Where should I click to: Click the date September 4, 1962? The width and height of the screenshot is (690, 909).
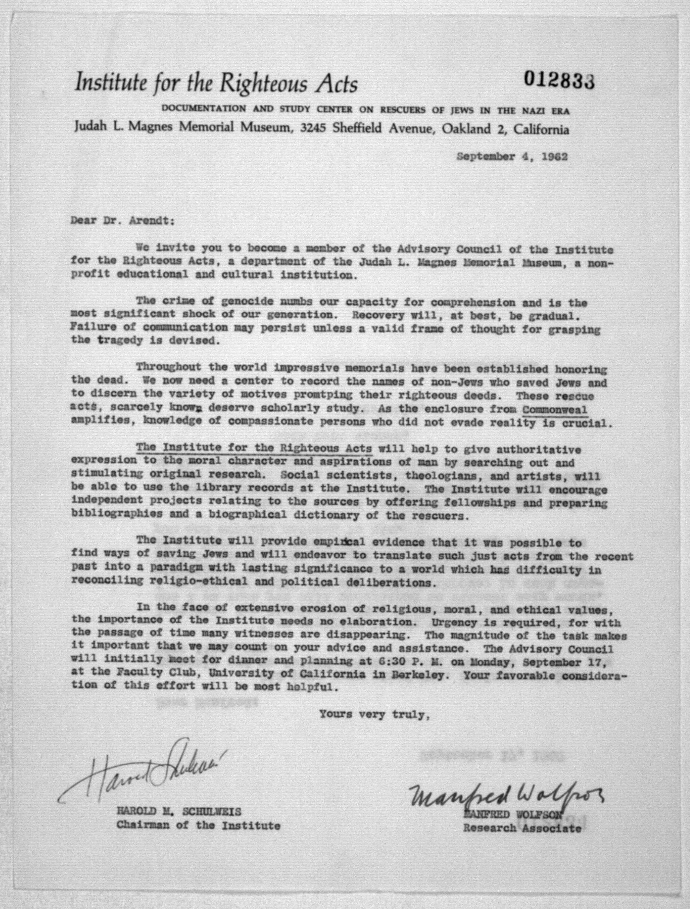pos(513,157)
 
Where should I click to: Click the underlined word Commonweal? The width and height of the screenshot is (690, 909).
pos(555,410)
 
